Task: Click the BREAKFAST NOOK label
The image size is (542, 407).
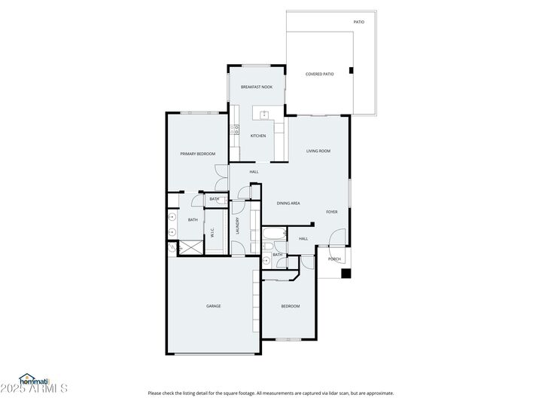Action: point(256,87)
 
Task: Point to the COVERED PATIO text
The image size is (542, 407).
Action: point(319,74)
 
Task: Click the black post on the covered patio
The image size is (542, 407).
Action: point(351,72)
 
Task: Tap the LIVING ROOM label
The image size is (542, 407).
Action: point(318,151)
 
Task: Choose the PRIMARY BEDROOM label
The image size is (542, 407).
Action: point(197,154)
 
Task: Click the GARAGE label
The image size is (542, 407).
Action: point(214,306)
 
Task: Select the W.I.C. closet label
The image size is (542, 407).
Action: point(212,233)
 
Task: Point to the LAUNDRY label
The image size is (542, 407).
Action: point(237,226)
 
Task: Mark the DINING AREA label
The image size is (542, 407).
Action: point(288,203)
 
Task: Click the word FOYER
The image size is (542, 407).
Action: point(331,212)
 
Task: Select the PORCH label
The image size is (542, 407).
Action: point(334,259)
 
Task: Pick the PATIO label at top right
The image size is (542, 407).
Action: point(359,22)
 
